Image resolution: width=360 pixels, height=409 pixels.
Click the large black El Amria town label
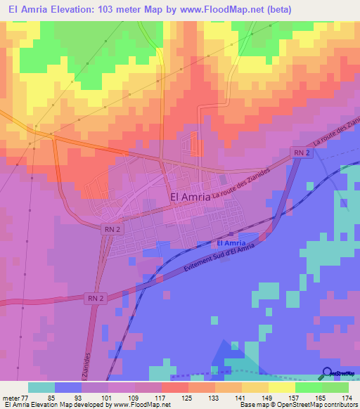pyautogui.click(x=190, y=197)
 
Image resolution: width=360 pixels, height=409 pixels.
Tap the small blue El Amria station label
pyautogui.click(x=231, y=243)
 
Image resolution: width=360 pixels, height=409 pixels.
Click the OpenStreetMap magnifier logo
pyautogui.click(x=328, y=373)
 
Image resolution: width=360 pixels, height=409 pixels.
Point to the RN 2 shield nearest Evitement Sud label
pyautogui.click(x=98, y=298)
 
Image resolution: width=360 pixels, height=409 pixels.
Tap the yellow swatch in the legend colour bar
pyautogui.click(x=282, y=387)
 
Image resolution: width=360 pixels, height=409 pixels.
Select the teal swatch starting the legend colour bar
pyautogui.click(x=41, y=387)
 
